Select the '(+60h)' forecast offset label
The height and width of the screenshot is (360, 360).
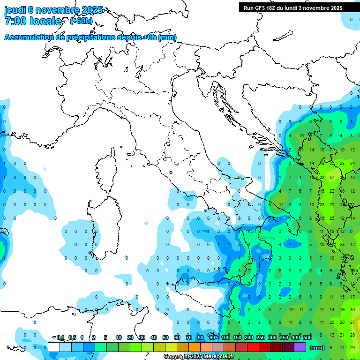pyautogui.click(x=81, y=21)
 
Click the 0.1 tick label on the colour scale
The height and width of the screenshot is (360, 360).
pyautogui.click(x=60, y=337)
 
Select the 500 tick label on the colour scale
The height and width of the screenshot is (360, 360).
pyautogui.click(x=307, y=337)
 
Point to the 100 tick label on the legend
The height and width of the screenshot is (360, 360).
pyautogui.click(x=225, y=337)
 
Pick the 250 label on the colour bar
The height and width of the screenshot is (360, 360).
pyautogui.click(x=261, y=337)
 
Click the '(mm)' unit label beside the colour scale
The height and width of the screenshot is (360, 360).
pyautogui.click(x=317, y=348)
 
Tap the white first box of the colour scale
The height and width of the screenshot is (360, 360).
pyautogui.click(x=53, y=347)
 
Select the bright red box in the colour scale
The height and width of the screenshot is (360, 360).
pyautogui.click(x=253, y=347)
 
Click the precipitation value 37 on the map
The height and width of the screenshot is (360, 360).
pyautogui.click(x=332, y=177)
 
